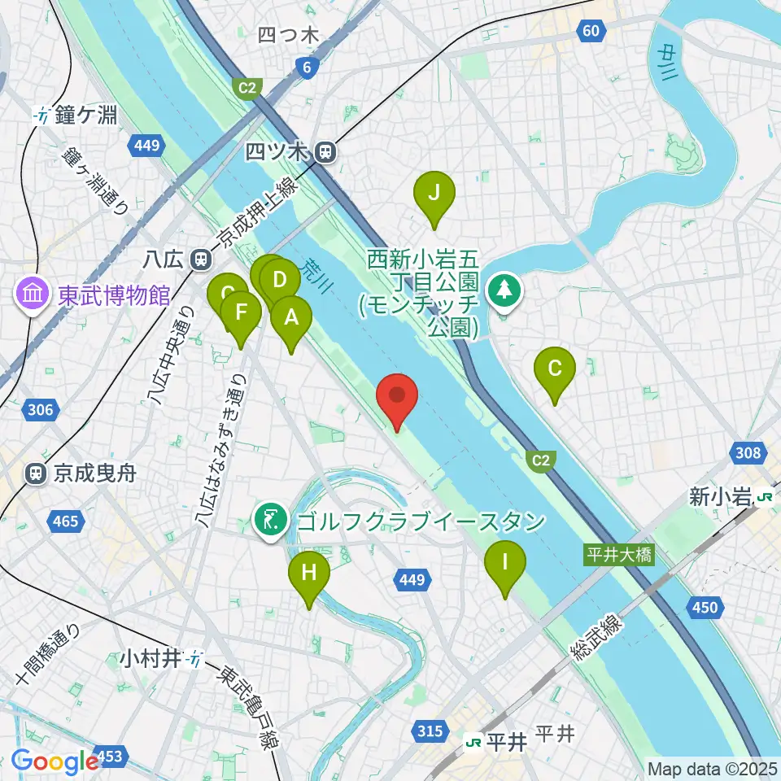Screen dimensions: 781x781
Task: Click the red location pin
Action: (x=398, y=398)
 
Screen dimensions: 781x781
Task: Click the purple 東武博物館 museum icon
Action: (x=33, y=294)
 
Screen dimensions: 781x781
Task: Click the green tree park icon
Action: (x=504, y=290)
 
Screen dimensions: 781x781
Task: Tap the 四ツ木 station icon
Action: (x=325, y=151)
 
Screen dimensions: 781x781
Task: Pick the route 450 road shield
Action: (x=705, y=606)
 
